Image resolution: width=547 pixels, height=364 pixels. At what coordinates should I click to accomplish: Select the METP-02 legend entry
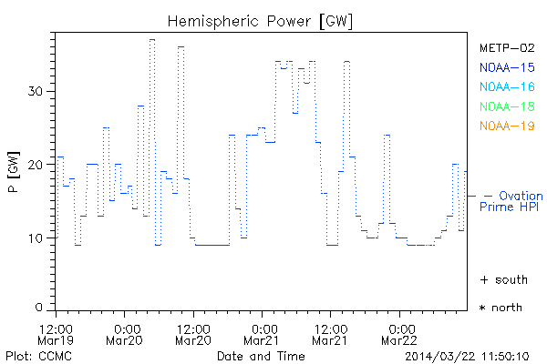pos(506,47)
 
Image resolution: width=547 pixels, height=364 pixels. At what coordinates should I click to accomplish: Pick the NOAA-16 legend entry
pos(506,86)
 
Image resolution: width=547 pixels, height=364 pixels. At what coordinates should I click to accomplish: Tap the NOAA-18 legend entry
pos(506,106)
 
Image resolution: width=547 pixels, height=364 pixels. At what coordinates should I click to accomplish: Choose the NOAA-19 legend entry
pos(506,126)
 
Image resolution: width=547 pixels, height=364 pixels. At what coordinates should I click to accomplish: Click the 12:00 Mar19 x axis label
pos(57,333)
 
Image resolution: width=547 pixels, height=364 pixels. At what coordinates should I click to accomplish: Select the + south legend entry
pos(501,279)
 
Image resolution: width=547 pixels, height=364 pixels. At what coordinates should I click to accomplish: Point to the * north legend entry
pos(501,308)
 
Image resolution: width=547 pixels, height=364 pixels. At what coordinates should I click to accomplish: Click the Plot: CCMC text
pos(33,355)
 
